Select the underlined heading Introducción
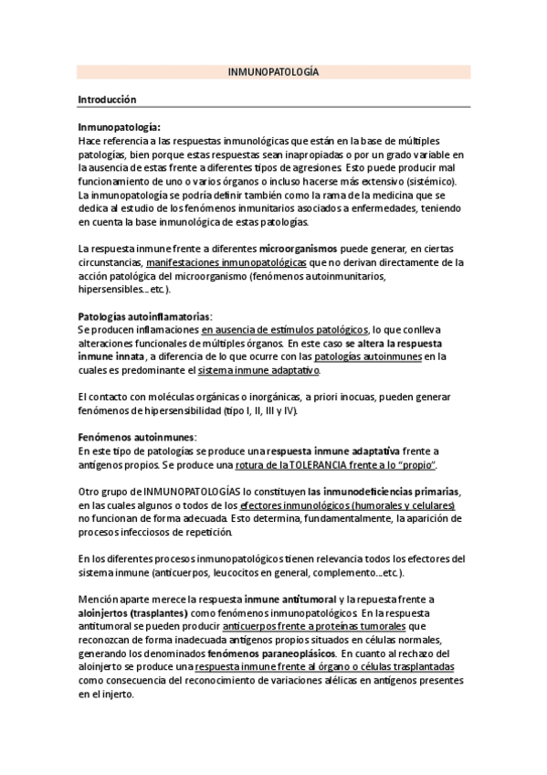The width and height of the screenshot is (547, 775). click(x=107, y=98)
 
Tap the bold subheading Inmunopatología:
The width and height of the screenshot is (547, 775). click(x=120, y=129)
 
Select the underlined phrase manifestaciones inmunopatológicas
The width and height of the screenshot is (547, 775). click(x=226, y=262)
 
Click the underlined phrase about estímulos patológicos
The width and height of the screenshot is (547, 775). click(x=285, y=329)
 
